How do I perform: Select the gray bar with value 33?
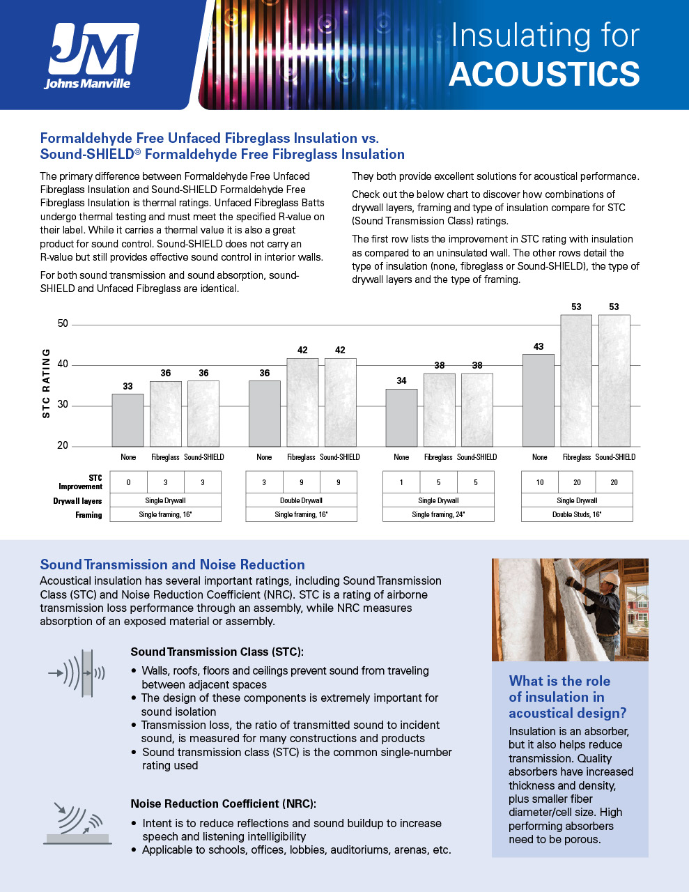128,420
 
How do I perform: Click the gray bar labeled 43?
539,401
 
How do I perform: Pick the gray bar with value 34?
401,417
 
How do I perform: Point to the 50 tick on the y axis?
63,323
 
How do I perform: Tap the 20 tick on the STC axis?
63,445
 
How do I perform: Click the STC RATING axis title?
47,384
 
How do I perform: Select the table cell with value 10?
540,482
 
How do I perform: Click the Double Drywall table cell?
301,500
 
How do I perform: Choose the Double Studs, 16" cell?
577,514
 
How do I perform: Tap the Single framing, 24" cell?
438,514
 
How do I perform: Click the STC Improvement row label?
90,482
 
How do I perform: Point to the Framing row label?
88,515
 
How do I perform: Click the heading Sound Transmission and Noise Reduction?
172,564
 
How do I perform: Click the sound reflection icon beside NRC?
77,823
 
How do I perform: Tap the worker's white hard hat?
610,579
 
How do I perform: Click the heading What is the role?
559,681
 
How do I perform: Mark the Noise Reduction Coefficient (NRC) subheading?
223,803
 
